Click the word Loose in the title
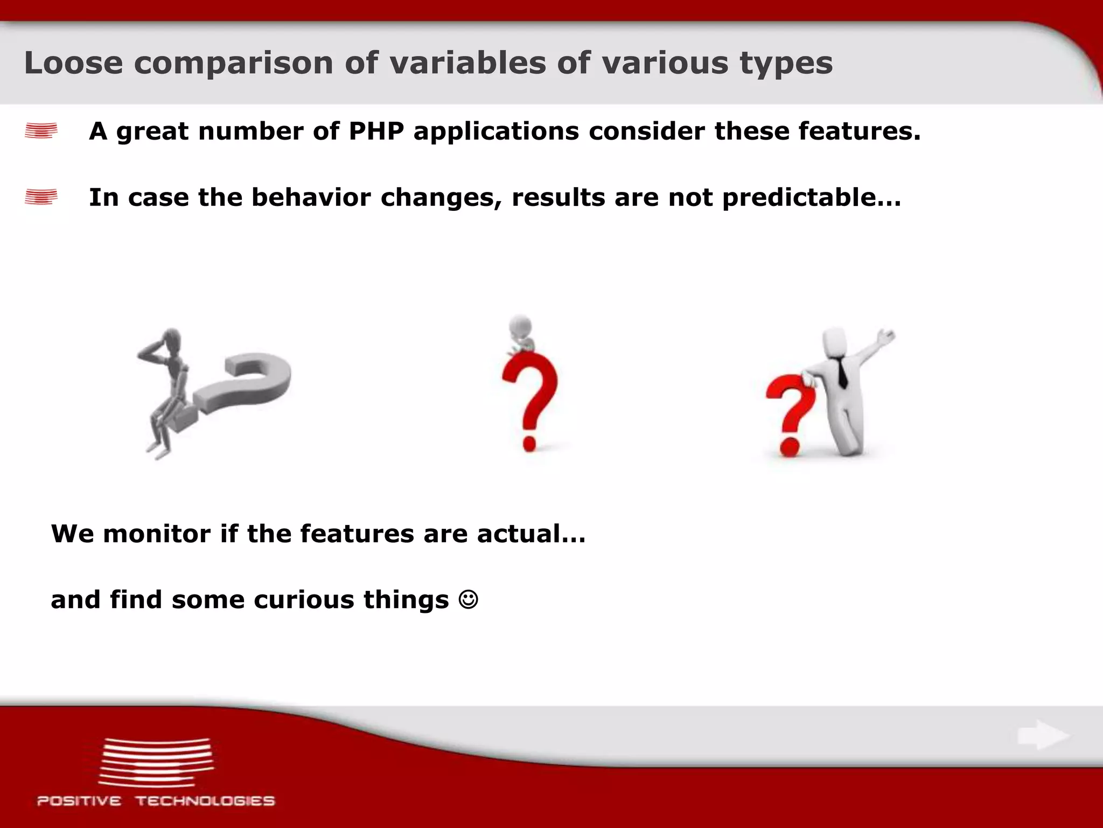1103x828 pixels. (x=73, y=63)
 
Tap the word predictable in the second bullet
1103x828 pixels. (x=801, y=197)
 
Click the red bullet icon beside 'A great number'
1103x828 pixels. (x=41, y=131)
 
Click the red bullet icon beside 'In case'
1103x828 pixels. (x=41, y=197)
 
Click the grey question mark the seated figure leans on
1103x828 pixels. (x=248, y=383)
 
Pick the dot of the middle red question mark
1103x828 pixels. (x=529, y=443)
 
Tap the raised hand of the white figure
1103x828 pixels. (x=886, y=337)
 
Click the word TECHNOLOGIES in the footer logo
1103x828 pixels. (x=205, y=801)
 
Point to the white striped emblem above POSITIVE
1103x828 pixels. (x=156, y=762)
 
